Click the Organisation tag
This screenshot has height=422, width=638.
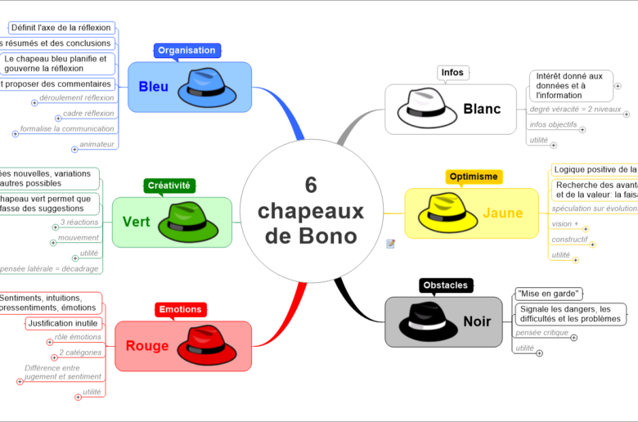186,51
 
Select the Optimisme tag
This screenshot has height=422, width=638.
474,177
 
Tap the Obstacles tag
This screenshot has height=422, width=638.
445,285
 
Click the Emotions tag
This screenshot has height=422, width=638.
180,310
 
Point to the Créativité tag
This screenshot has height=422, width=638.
168,186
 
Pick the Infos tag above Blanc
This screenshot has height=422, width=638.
452,73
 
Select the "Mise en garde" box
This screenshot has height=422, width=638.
548,294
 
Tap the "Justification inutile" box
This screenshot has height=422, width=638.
62,323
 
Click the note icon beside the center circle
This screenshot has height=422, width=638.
390,243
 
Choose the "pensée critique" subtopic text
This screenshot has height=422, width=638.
541,333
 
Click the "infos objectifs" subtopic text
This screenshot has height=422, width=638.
553,124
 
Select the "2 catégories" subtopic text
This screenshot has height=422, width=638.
80,352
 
